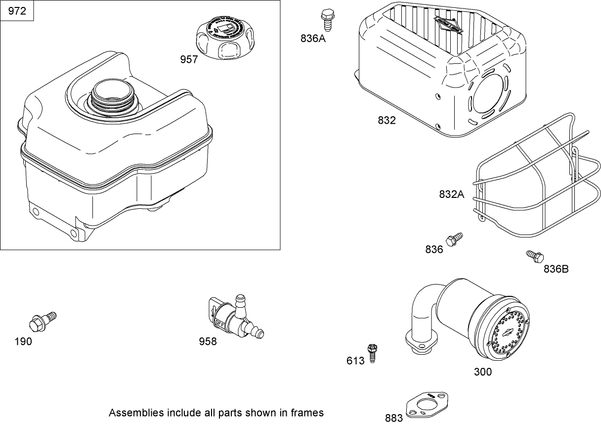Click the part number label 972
[x=17, y=11]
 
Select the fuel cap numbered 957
[x=225, y=37]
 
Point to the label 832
[x=386, y=120]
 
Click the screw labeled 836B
[x=534, y=256]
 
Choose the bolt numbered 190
[x=42, y=322]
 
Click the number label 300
[x=482, y=372]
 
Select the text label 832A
[x=452, y=194]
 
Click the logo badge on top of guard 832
[x=447, y=23]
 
